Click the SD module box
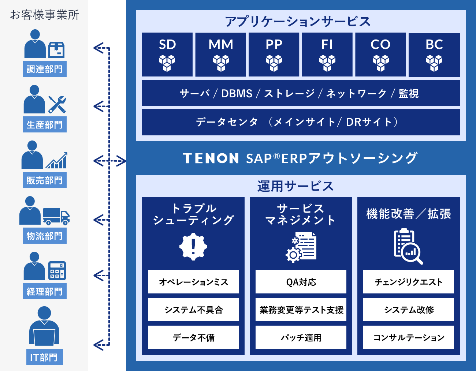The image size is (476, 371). pos(167,55)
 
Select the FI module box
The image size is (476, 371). pos(327,55)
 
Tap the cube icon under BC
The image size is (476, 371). pos(434,63)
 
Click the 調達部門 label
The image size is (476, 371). pos(44,69)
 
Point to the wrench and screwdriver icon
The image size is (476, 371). pos(57,104)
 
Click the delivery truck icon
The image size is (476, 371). pos(56,216)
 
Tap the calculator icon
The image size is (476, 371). pos(57,271)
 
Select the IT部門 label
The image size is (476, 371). pos(44,357)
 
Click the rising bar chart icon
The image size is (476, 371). pos(56,160)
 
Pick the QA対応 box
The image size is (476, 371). pos(301,282)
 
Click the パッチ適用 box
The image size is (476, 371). pos(301,337)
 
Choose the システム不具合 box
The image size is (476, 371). pos(193,310)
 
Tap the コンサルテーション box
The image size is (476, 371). pos(409,337)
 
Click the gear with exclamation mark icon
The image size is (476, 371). pos(193,247)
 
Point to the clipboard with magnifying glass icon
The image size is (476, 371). pos(408,247)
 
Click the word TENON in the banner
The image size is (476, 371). pos(211,158)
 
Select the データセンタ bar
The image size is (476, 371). pos(301,122)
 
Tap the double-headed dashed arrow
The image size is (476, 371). pos(110,161)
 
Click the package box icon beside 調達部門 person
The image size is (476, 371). pos(56,50)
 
